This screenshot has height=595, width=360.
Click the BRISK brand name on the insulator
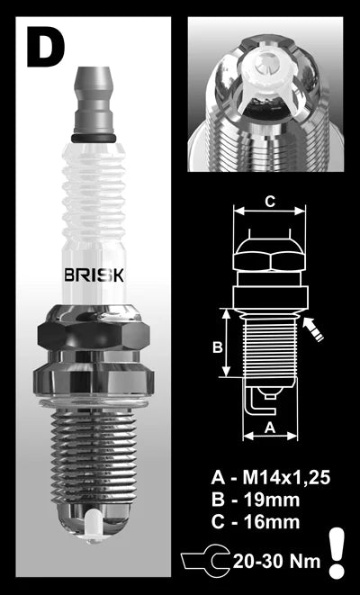point(93,271)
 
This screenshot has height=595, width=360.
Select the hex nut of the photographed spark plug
point(93,341)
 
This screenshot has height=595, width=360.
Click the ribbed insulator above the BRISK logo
point(94,198)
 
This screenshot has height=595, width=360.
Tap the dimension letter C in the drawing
point(268,202)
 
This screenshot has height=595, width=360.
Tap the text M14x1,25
point(280,477)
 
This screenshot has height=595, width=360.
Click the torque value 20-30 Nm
point(274,560)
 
